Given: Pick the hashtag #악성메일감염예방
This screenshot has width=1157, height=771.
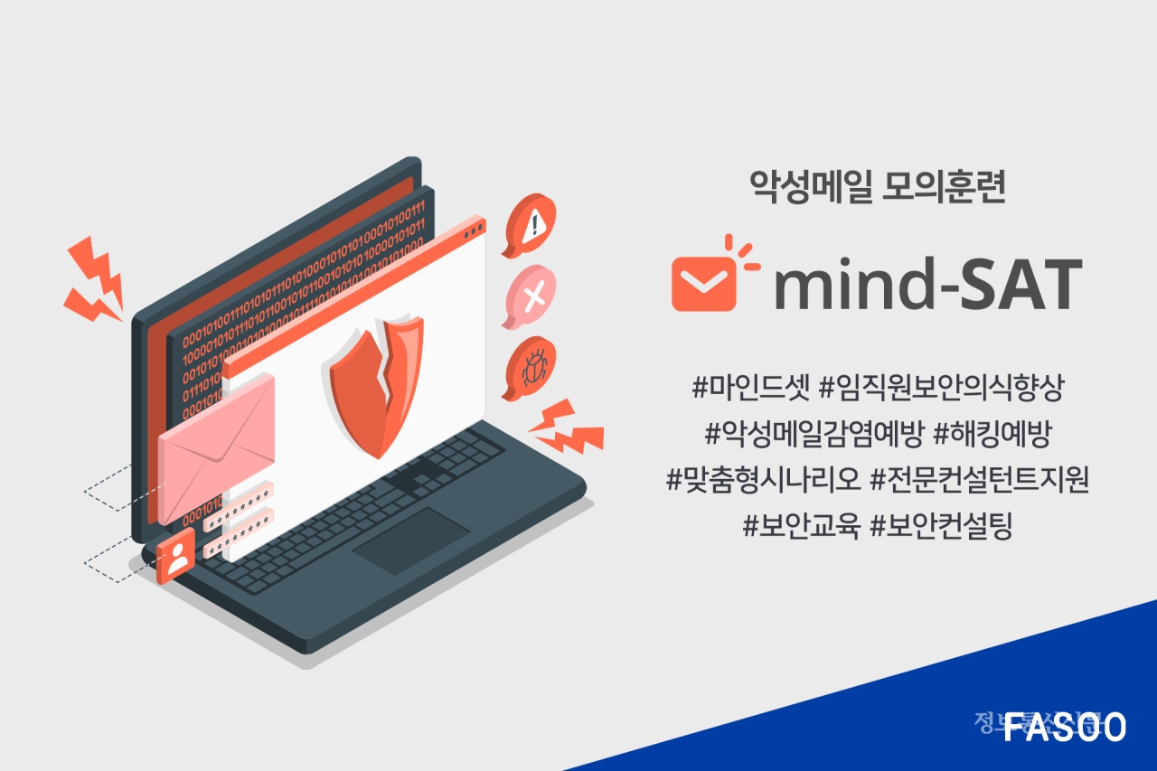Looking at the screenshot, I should click(x=813, y=435).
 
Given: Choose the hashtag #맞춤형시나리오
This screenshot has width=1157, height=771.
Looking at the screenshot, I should click(x=763, y=480).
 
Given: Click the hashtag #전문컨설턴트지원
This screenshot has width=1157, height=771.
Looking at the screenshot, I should click(x=979, y=480).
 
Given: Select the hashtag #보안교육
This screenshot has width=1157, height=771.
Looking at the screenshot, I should click(x=800, y=526).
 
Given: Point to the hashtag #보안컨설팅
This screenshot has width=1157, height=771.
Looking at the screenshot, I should click(x=941, y=526).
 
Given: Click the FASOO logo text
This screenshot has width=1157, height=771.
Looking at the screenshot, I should click(x=1065, y=726).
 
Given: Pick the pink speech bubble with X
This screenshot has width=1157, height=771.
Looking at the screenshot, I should click(x=531, y=295).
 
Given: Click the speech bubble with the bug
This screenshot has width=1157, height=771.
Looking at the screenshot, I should click(x=530, y=366).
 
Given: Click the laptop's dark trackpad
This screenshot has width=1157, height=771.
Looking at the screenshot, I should click(x=411, y=540).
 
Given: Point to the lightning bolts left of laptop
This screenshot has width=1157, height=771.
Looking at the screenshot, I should click(x=94, y=280).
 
